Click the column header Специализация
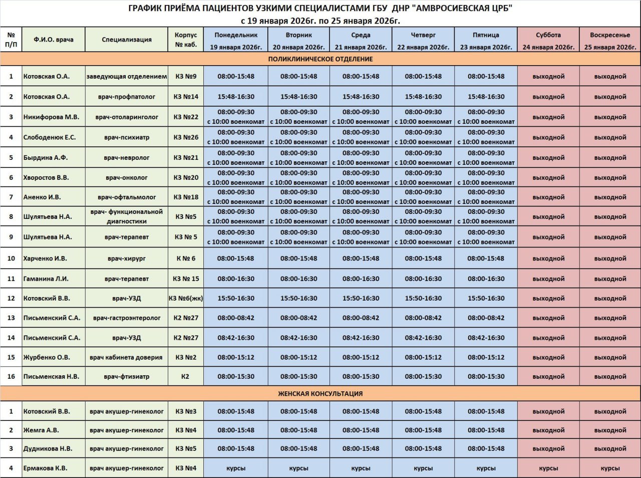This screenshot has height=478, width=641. pos(127,40)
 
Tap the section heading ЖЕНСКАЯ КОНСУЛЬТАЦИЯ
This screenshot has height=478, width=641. pos(320,394)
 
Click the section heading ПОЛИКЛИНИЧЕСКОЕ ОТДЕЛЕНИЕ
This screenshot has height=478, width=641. pos(320,59)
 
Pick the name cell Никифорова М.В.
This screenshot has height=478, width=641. pos(51,117)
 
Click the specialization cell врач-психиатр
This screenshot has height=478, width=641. pos(127,137)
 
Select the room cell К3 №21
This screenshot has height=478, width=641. pos(186,157)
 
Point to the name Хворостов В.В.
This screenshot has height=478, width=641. pos(46,177)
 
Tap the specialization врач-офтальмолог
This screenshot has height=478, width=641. pos(127,197)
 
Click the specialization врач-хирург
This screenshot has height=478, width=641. pos(127,259)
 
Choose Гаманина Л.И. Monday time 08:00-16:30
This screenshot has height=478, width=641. pos(236,279)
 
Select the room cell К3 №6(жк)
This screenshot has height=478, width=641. pos(186,298)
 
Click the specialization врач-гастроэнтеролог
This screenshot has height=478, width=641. pos(127,318)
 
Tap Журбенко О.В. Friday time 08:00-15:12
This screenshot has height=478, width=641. pos(486,357)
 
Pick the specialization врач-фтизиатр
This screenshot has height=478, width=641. pos(127,376)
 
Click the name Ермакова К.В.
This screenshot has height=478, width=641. pos(46,468)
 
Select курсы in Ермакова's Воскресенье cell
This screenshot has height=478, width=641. pos(610,468)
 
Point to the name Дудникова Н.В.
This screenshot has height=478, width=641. pos(48,449)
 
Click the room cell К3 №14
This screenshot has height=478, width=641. pos(186,97)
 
